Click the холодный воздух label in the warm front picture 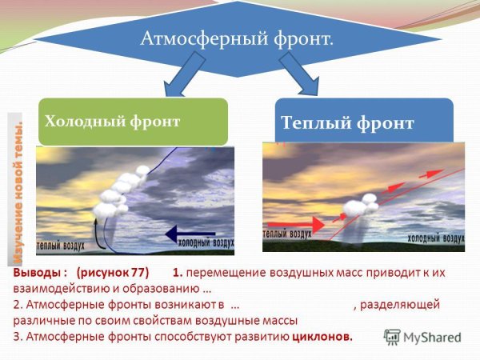(435, 237)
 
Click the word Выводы (35, 273)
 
